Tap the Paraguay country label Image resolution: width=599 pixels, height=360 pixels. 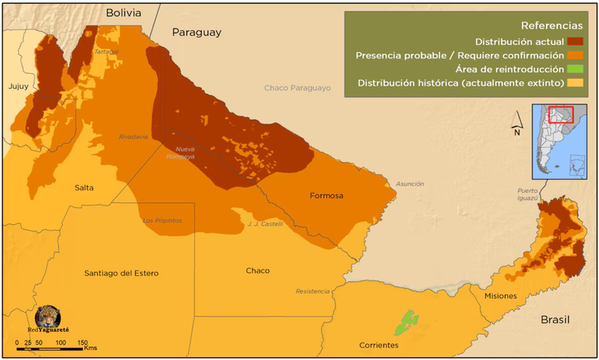[196, 32]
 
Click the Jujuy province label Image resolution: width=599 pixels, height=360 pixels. [18, 86]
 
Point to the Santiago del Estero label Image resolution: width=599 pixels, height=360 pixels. [121, 273]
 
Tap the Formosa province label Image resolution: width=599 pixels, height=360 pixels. [326, 196]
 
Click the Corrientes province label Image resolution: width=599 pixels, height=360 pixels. [378, 345]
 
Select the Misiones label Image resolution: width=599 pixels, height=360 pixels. [500, 296]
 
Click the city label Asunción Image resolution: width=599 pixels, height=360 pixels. [409, 184]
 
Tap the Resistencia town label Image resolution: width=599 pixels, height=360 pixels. [312, 291]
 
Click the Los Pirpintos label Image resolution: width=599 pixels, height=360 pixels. [162, 221]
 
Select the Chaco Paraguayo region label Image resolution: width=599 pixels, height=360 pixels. [297, 88]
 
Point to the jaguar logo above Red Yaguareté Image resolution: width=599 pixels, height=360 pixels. [49, 317]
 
